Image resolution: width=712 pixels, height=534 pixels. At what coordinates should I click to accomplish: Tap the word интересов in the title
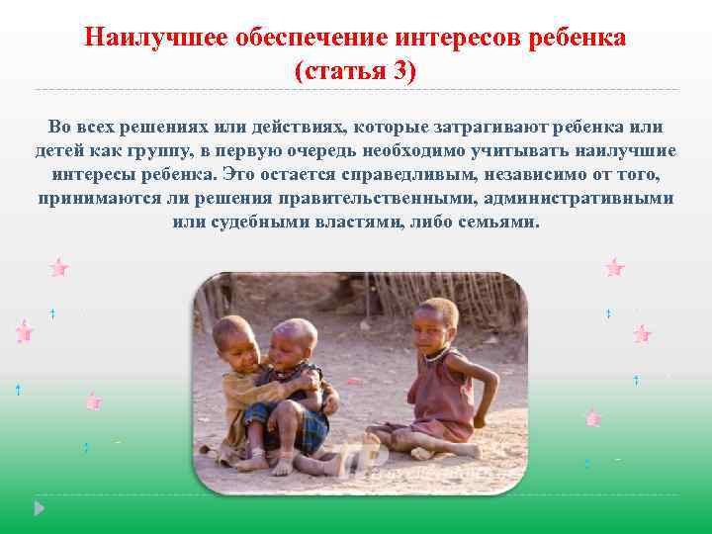pyautogui.click(x=458, y=38)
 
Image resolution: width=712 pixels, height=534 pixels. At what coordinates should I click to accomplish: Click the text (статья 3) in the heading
pyautogui.click(x=356, y=71)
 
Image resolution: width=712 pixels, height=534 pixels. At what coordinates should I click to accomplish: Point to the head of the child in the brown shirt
pyautogui.click(x=234, y=342)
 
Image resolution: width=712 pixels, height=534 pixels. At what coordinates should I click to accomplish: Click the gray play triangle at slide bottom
pyautogui.click(x=40, y=510)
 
